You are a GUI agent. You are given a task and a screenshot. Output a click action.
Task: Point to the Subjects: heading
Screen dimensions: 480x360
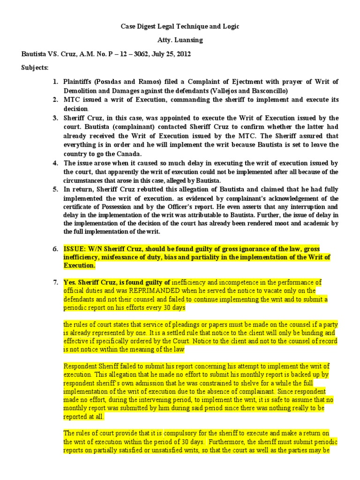tap(35, 67)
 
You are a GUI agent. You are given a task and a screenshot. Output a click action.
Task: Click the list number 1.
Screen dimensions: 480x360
tap(55, 82)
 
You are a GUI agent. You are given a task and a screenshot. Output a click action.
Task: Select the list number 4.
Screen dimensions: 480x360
tap(55, 163)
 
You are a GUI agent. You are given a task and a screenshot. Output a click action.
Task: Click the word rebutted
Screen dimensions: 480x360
tap(142, 190)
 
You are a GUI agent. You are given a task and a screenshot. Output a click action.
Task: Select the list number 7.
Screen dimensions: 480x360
tap(55, 282)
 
